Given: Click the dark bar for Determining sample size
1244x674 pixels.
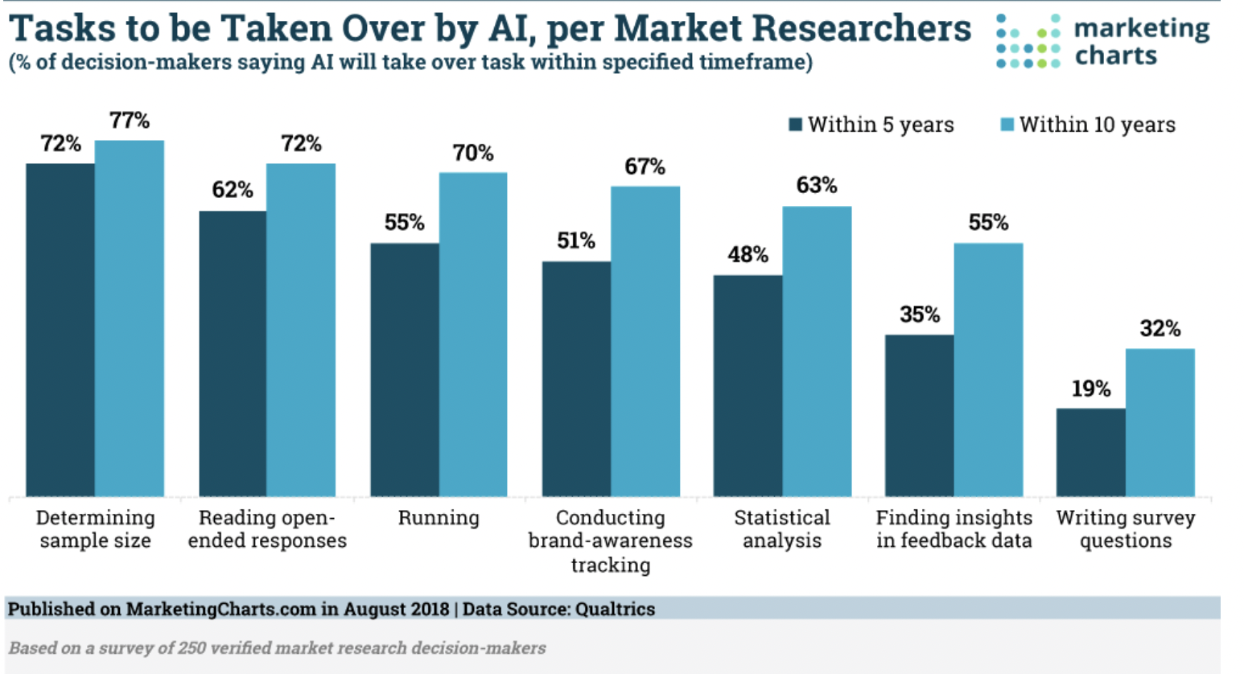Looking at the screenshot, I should point(60,330).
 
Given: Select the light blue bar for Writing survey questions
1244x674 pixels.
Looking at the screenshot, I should point(1160,422).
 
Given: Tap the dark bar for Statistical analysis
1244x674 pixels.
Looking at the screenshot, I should point(748,386).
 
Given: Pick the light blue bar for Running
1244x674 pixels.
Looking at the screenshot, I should point(473,334).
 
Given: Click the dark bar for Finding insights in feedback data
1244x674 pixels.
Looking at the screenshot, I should point(919,415).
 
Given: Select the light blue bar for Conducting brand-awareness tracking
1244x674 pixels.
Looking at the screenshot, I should point(645,341).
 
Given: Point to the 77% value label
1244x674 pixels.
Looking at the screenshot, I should point(130,121).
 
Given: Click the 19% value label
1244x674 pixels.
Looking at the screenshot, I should point(1090,389).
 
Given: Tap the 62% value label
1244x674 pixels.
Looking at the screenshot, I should point(233,190).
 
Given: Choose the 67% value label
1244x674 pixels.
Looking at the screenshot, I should point(645,166).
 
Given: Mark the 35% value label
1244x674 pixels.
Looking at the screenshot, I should point(919,314).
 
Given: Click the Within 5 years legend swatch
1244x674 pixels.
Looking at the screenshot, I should point(795,125).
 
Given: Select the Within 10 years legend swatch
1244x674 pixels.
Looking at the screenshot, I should point(1007,125).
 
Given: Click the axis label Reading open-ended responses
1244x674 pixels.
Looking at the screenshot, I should point(267,529).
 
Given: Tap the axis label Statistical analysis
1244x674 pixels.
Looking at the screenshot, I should point(781,529).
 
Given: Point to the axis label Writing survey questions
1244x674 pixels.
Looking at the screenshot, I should point(1125,529).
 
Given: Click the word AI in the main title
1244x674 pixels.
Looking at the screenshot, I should point(511,29).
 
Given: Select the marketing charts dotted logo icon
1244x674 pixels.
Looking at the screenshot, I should point(1028,41).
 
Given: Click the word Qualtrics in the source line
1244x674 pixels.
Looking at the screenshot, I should point(615,609).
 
